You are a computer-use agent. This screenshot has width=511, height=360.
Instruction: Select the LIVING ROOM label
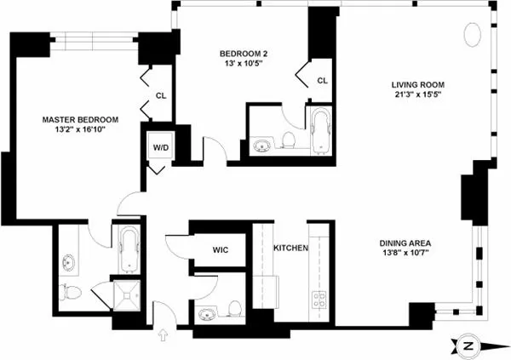[x=419, y=85]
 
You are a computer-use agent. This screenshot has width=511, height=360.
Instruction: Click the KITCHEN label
[x=290, y=249]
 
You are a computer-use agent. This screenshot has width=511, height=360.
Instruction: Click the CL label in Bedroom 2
[x=322, y=81]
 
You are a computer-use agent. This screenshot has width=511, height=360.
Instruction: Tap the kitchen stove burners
[x=320, y=299]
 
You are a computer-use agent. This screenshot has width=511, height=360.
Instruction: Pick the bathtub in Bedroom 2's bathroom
[x=320, y=133]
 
